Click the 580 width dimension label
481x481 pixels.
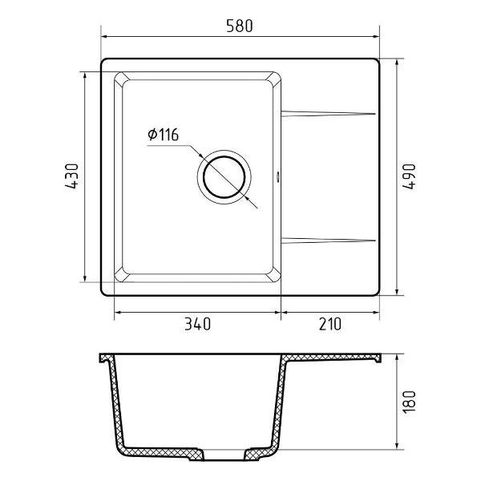[240, 26]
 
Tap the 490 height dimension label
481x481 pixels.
[409, 176]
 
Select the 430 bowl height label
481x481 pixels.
[72, 176]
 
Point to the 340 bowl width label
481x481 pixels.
[197, 324]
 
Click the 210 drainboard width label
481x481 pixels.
[330, 324]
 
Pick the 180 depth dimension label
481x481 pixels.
[409, 402]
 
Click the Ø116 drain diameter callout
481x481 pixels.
[163, 135]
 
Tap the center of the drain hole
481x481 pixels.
[224, 177]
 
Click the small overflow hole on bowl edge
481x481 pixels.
[278, 176]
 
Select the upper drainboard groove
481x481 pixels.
[328, 114]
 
